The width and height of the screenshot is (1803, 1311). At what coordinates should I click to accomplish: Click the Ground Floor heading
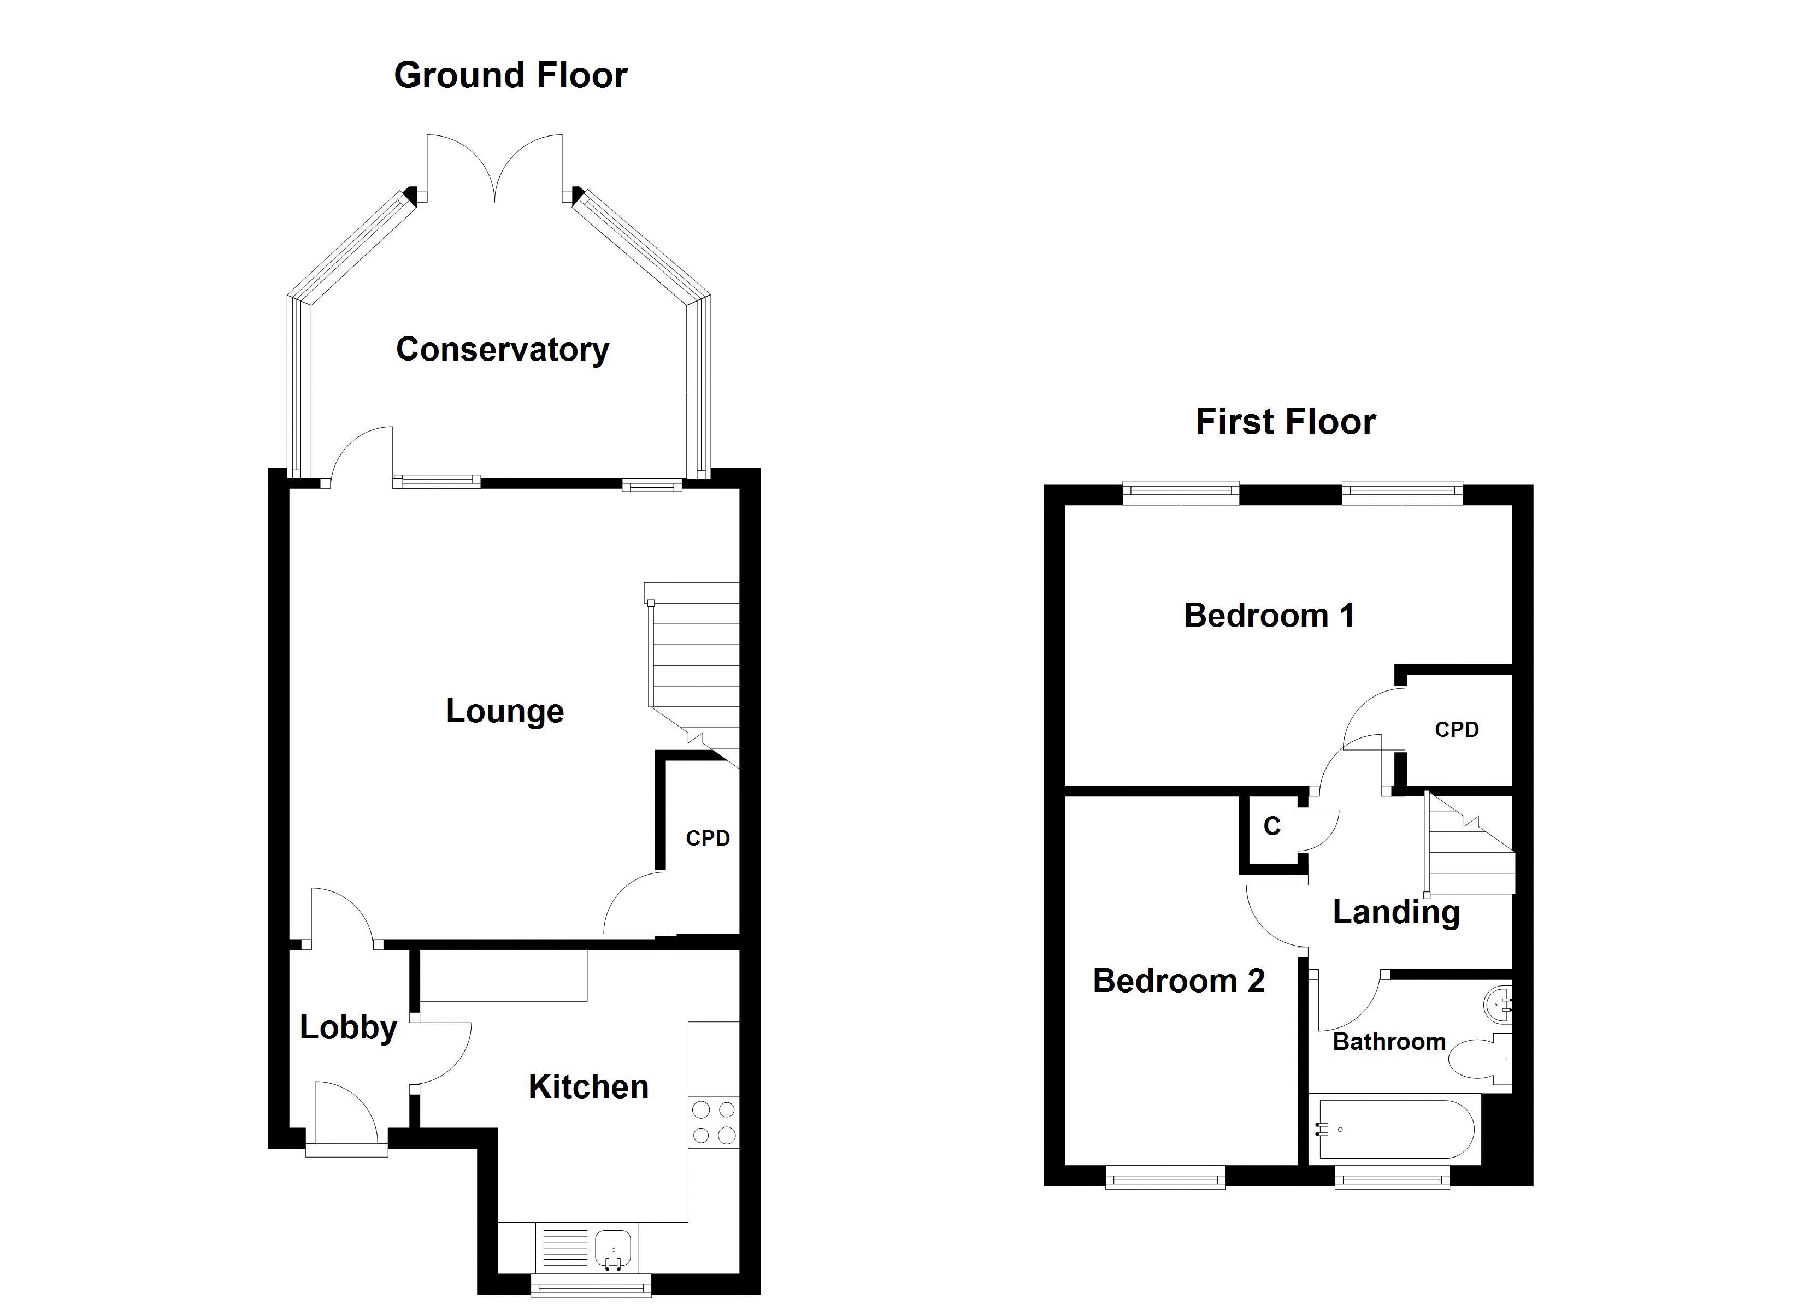[x=510, y=75]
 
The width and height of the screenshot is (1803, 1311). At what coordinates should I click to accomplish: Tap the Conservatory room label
[x=503, y=350]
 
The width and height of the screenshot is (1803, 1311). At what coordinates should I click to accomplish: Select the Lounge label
[x=505, y=711]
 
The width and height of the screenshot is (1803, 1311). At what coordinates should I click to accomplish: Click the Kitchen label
[x=588, y=1087]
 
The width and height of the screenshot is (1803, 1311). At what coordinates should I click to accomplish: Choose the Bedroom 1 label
[x=1269, y=616]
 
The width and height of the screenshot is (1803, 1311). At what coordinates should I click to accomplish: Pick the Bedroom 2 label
[x=1178, y=981]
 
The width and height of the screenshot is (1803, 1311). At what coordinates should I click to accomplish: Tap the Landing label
[x=1396, y=912]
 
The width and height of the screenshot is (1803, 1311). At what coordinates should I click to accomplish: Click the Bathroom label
[x=1389, y=1042]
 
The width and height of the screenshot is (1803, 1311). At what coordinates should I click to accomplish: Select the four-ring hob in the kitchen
[x=713, y=1122]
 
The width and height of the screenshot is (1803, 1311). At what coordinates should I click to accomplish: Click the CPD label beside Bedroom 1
[x=1457, y=730]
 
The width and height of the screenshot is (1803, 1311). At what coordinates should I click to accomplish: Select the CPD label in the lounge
[x=708, y=838]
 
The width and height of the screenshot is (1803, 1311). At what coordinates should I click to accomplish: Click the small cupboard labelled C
[x=1272, y=827]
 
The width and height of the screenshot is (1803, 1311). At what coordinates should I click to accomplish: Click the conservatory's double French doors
[x=494, y=171]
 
